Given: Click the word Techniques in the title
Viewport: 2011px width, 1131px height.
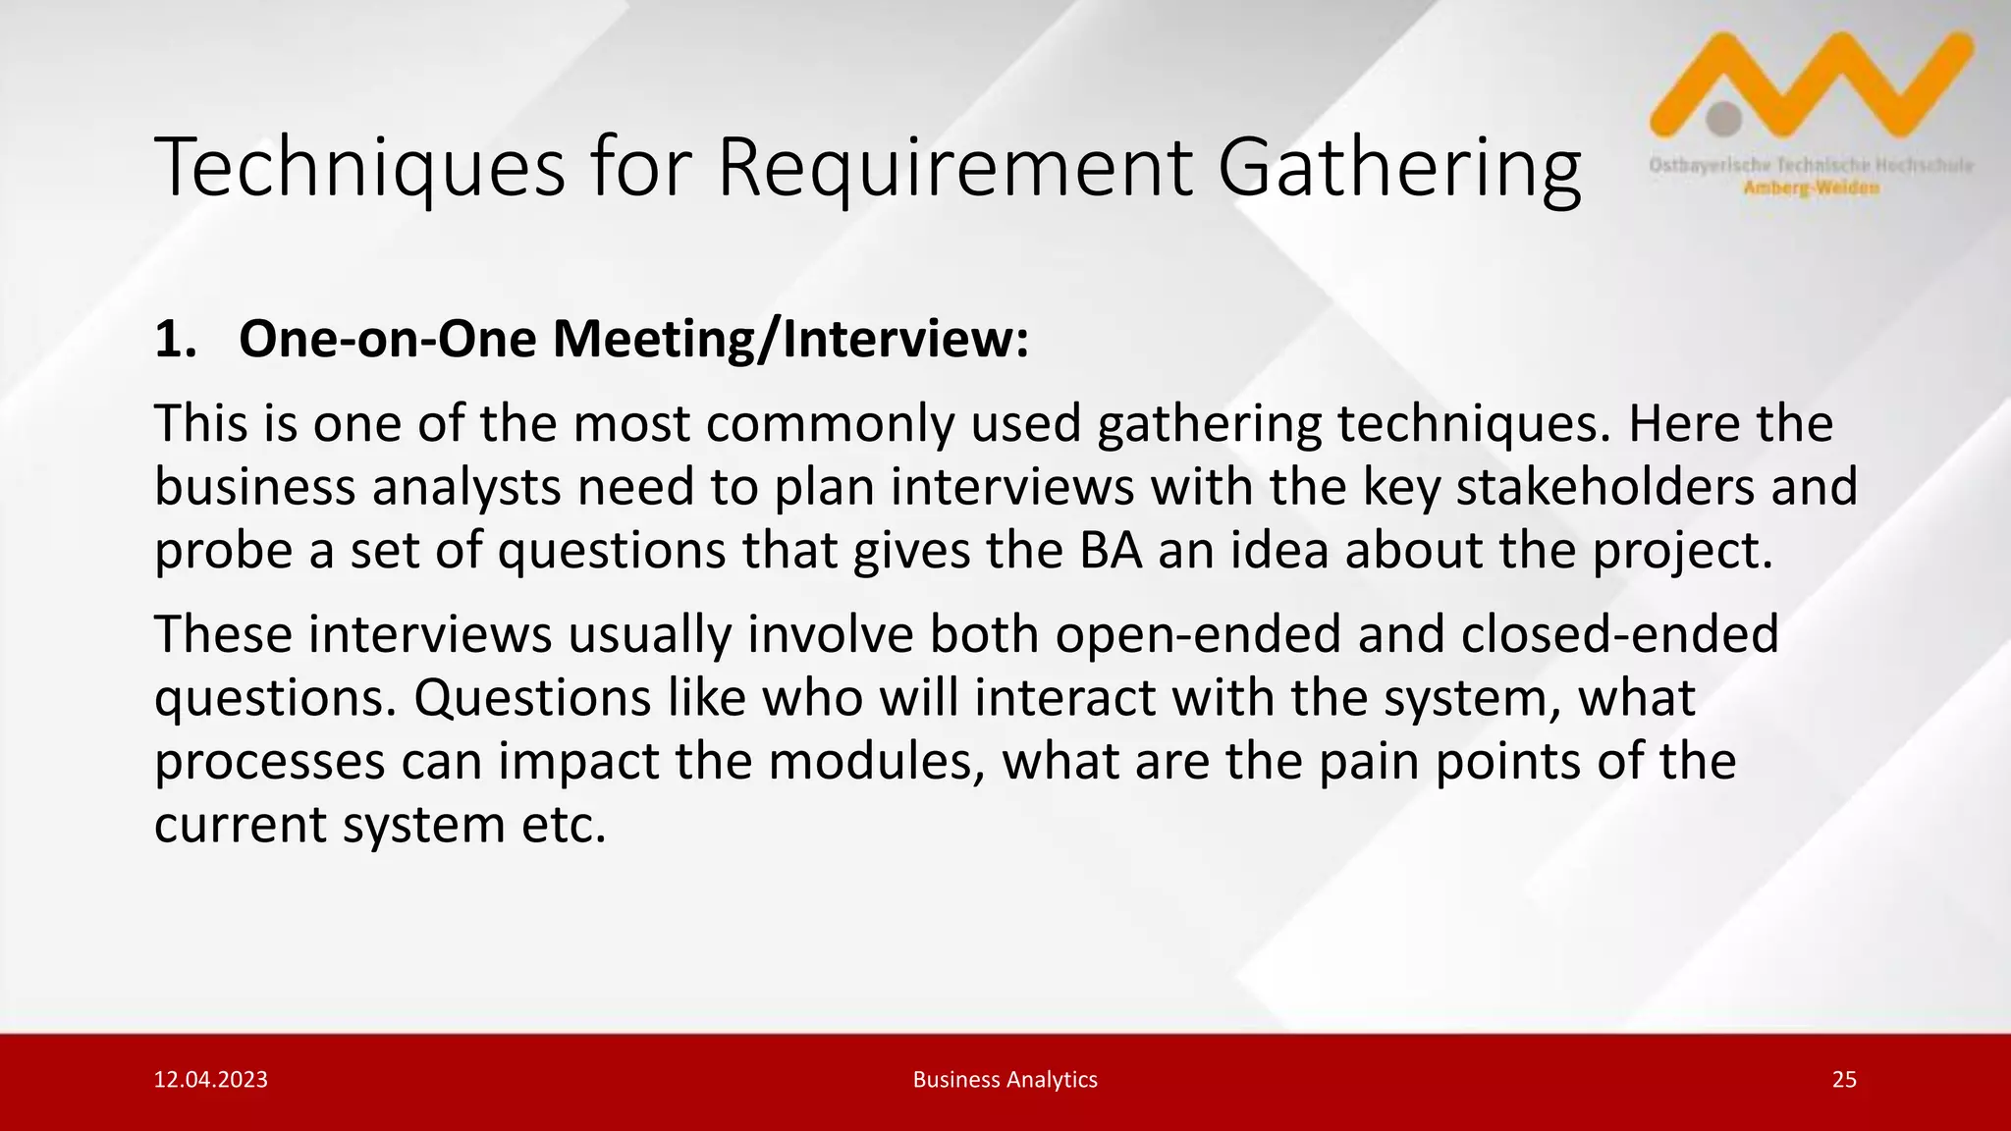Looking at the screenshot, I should click(359, 169).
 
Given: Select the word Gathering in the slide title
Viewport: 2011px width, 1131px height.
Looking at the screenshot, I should click(1399, 169).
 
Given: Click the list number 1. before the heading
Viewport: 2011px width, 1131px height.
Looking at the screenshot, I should click(177, 340).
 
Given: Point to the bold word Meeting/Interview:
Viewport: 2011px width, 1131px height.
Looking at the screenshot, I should click(790, 340).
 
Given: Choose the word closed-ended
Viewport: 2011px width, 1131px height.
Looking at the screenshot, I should click(1619, 634).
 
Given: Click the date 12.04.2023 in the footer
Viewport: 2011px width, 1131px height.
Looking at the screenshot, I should click(211, 1080).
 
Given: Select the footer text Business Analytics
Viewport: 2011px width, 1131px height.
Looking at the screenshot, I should click(1005, 1080).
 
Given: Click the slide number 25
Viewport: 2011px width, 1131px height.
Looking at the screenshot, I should click(1844, 1080).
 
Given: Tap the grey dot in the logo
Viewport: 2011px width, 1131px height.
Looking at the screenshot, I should click(1723, 119).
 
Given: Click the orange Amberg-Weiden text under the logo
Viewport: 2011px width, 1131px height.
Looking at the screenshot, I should click(1811, 188).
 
